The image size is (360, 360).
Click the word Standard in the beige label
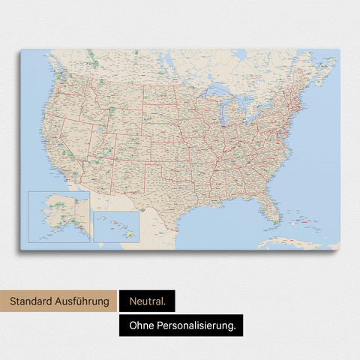31,301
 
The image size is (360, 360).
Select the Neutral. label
146,301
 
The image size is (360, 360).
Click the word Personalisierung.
199,325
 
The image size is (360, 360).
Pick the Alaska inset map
58,216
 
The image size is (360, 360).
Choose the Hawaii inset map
116,226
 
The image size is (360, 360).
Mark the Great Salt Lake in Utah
97,133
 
